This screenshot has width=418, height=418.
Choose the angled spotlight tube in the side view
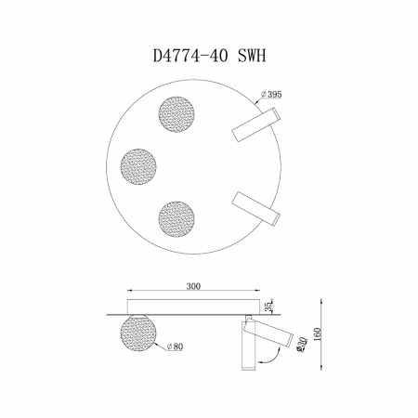(270, 332)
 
